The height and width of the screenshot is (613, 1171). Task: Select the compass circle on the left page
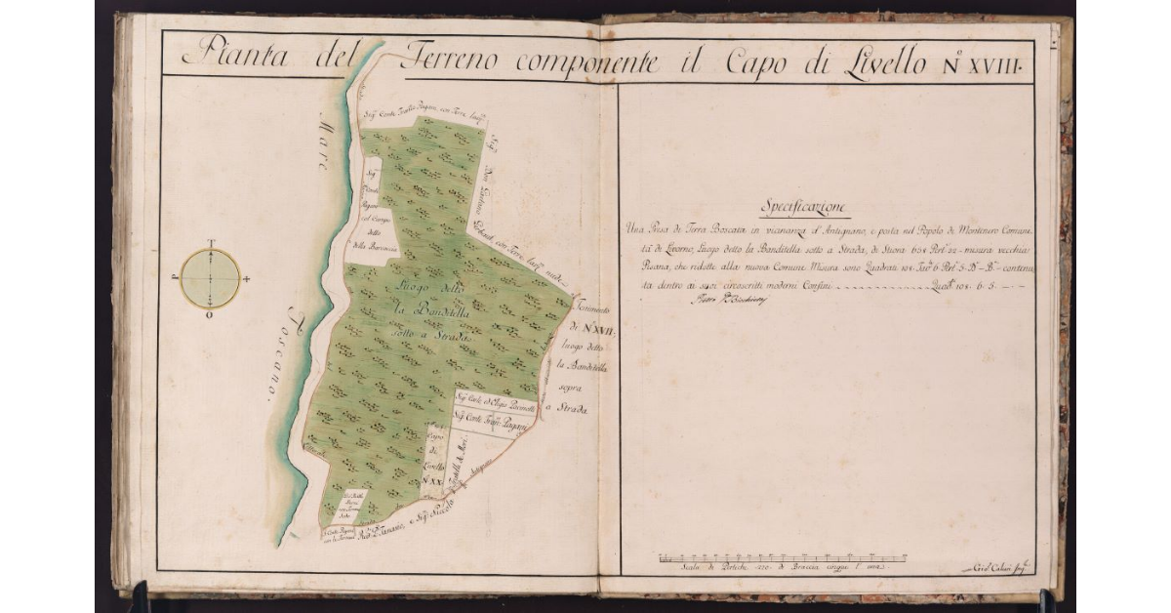(210, 278)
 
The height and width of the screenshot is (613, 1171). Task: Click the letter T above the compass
(210, 242)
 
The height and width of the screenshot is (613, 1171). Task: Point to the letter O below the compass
(210, 315)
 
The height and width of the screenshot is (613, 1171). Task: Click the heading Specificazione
(805, 208)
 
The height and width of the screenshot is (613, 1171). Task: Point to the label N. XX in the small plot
(432, 481)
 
